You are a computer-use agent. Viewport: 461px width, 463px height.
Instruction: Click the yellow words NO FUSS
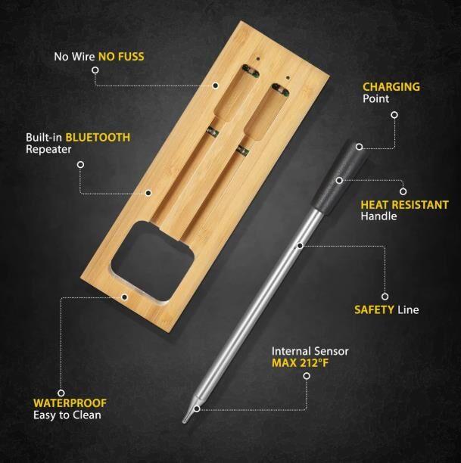click(121, 57)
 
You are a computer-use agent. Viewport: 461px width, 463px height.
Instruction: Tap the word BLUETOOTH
click(98, 137)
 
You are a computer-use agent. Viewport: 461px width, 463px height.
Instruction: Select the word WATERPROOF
click(70, 403)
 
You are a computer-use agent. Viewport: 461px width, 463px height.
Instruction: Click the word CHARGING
click(391, 87)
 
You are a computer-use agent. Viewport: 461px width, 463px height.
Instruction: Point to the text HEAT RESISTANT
click(404, 204)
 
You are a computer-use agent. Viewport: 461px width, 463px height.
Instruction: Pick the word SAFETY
click(374, 309)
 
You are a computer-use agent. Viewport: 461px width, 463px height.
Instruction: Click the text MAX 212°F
click(300, 363)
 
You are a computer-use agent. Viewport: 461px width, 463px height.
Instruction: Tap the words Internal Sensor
click(310, 351)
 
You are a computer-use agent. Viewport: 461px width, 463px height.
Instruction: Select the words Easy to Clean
click(67, 415)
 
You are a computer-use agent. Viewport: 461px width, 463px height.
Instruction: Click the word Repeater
click(48, 149)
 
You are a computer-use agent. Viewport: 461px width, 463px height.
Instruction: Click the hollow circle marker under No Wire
click(95, 70)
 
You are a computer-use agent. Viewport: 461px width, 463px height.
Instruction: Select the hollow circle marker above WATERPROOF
click(61, 393)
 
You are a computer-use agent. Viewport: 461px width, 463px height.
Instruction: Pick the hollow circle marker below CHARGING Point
click(394, 115)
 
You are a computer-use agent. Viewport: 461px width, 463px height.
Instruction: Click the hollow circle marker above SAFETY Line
click(385, 296)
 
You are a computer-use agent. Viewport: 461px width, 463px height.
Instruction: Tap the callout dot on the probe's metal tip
click(197, 409)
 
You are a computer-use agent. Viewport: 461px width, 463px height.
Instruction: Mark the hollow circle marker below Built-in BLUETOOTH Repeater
click(80, 164)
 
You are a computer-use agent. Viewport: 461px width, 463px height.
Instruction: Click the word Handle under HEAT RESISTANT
click(378, 216)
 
